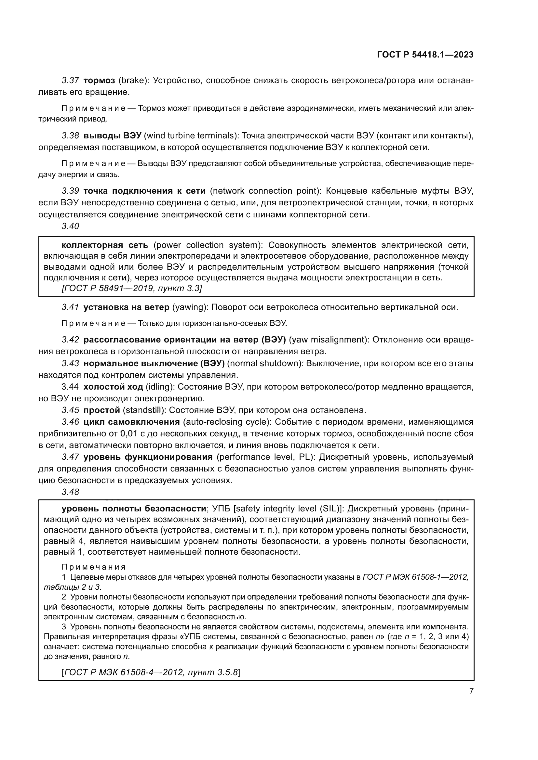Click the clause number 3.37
[x=70, y=81]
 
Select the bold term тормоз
[x=99, y=81]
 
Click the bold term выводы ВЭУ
[x=112, y=136]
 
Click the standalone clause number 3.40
[x=70, y=226]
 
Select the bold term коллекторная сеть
[x=105, y=245]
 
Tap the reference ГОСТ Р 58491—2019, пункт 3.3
[x=132, y=288]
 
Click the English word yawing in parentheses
[x=189, y=307]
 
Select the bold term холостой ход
[x=113, y=387]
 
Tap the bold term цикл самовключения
[x=131, y=422]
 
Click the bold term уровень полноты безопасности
[x=134, y=509]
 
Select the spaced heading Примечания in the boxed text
[x=93, y=567]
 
